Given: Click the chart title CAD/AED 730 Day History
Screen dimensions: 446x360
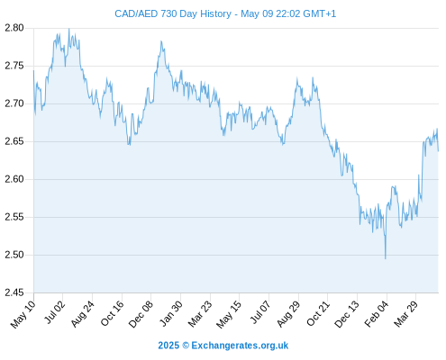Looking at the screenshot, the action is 173,13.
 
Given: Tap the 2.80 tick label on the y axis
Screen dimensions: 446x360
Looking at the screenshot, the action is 14,28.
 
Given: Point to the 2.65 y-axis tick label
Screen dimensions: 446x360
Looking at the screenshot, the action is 14,141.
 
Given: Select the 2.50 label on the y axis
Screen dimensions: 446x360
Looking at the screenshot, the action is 14,255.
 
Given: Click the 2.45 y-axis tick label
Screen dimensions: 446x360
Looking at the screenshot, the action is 14,292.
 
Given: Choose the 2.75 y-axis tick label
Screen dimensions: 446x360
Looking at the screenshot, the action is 14,66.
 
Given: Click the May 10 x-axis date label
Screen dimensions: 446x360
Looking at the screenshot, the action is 23,314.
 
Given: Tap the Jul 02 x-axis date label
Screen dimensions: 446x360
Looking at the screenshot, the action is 54,312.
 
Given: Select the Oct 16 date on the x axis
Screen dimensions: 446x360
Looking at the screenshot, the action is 112,313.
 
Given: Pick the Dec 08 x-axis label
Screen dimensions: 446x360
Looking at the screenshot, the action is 141,314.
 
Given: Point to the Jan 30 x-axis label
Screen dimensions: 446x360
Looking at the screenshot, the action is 171,313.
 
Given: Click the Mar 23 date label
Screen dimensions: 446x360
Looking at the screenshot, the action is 200,314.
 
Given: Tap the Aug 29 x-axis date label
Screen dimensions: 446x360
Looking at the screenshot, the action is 288,314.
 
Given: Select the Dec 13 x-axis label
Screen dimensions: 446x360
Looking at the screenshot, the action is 347,314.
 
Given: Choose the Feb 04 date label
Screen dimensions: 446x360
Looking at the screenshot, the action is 377,314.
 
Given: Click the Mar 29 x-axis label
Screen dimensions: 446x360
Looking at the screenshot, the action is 405,314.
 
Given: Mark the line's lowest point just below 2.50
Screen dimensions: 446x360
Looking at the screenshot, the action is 386,258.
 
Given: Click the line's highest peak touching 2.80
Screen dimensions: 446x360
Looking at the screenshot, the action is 69,29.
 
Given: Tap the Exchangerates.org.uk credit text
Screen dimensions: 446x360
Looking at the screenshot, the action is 240,346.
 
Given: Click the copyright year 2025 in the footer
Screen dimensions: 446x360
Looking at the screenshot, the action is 168,346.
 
